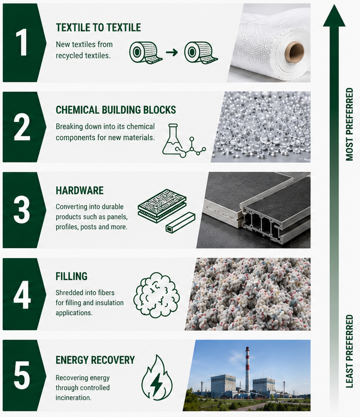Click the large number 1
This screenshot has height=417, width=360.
tap(22, 43)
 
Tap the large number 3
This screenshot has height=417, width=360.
tap(22, 209)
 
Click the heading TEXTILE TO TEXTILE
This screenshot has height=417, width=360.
tap(98, 28)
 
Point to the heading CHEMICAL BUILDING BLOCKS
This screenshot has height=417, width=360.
tap(116, 110)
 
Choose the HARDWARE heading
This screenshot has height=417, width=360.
tap(80, 191)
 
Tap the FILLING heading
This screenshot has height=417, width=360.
tap(72, 276)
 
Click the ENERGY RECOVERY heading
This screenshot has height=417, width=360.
tap(95, 360)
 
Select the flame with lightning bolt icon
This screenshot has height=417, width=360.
tap(157, 377)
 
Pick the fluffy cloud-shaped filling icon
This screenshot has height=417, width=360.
tap(157, 295)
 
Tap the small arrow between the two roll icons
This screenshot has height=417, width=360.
tap(172, 52)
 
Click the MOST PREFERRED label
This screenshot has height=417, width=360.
tap(350, 124)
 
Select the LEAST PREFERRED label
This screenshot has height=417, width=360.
tap(350, 352)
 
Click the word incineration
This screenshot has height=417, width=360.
tap(73, 398)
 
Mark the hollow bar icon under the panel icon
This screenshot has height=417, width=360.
tap(180, 223)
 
